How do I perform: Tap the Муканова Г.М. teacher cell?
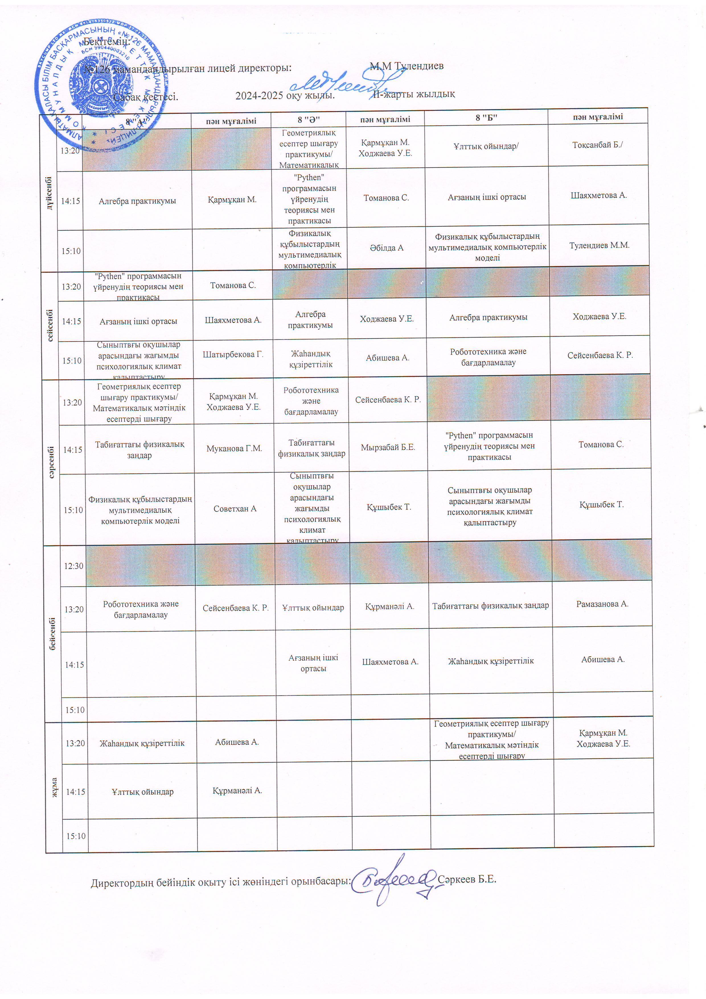pyautogui.click(x=234, y=449)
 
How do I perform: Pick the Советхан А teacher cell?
pyautogui.click(x=235, y=509)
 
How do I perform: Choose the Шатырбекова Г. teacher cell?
pyautogui.click(x=233, y=355)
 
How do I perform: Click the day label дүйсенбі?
pyautogui.click(x=49, y=193)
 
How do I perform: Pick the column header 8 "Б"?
pyautogui.click(x=486, y=118)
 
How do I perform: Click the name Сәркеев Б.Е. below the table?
pyautogui.click(x=467, y=879)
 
